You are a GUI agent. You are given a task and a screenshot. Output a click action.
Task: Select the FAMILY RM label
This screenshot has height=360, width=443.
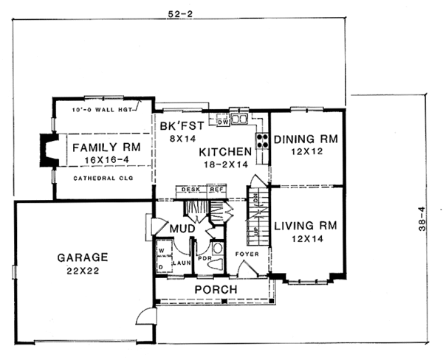[x=106, y=146]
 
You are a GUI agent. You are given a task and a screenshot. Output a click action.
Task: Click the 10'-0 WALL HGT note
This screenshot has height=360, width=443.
[x=103, y=110]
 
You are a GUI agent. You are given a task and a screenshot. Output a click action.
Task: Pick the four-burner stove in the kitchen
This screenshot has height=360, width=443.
[x=261, y=142]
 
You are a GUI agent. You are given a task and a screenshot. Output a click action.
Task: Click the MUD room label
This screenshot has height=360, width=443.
[x=182, y=230]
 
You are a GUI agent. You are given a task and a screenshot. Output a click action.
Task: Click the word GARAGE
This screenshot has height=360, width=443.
[x=82, y=257]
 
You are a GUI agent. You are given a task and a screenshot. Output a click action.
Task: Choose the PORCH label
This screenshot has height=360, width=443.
[x=215, y=288]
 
